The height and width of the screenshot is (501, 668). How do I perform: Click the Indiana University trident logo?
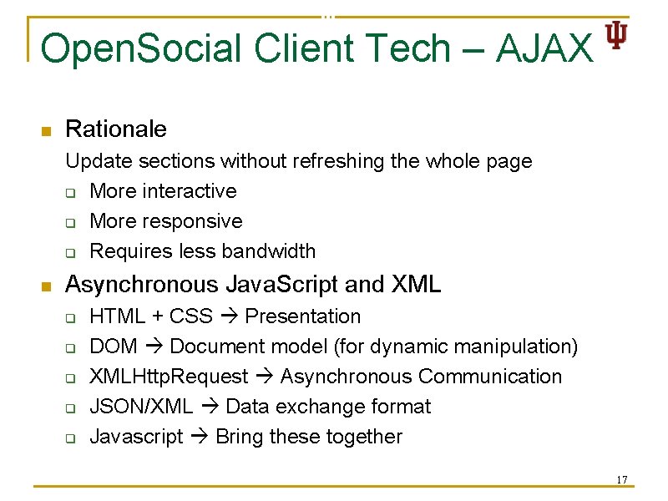[616, 35]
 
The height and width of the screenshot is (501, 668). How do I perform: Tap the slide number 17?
[621, 479]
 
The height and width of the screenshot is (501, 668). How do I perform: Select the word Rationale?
[116, 129]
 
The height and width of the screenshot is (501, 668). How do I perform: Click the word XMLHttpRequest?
[169, 377]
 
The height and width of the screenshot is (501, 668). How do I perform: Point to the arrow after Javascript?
[199, 437]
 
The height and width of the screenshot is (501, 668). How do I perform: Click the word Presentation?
[303, 316]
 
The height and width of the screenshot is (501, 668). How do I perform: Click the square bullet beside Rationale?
[47, 131]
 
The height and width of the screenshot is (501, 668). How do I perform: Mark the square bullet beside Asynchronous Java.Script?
[47, 286]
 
